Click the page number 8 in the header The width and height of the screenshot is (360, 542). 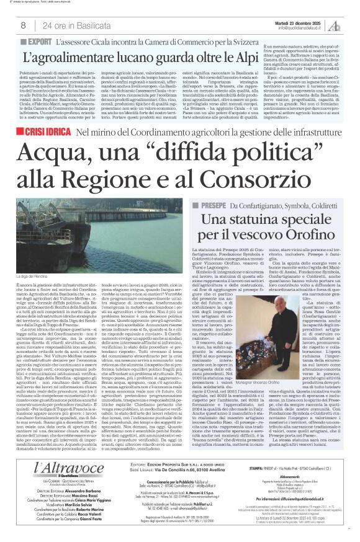[x=23, y=25]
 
